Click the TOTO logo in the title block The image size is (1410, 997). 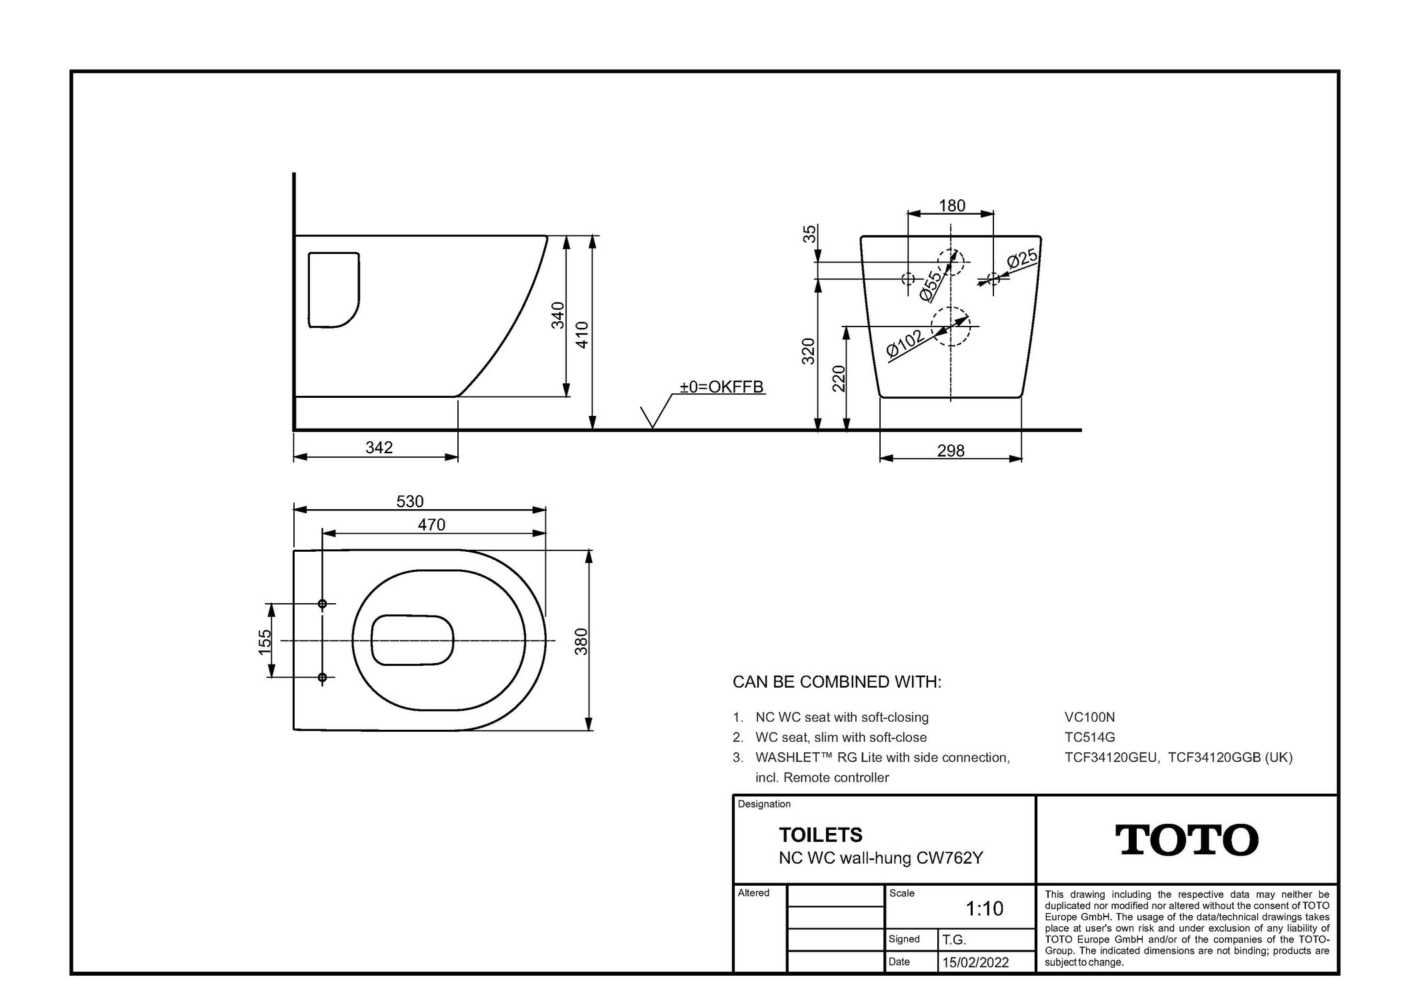(1187, 840)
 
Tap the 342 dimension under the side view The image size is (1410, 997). (379, 447)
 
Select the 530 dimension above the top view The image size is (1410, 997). (410, 501)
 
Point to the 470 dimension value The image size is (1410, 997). (431, 524)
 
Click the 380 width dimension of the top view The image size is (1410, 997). (581, 641)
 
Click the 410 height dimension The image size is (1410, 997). (582, 335)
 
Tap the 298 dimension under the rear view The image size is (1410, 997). (951, 451)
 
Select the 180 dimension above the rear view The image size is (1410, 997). (951, 205)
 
